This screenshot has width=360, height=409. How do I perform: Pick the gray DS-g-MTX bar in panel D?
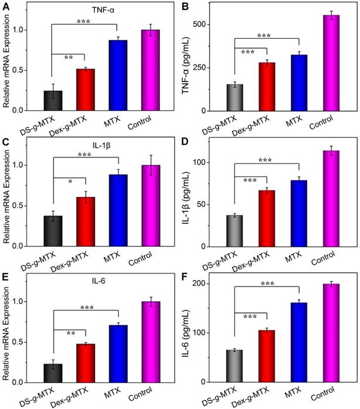pyautogui.click(x=235, y=231)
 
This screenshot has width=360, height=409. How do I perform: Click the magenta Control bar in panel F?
pyautogui.click(x=332, y=333)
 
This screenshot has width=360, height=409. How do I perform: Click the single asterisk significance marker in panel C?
pyautogui.click(x=70, y=182)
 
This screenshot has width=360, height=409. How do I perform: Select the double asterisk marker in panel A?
pyautogui.click(x=69, y=57)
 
